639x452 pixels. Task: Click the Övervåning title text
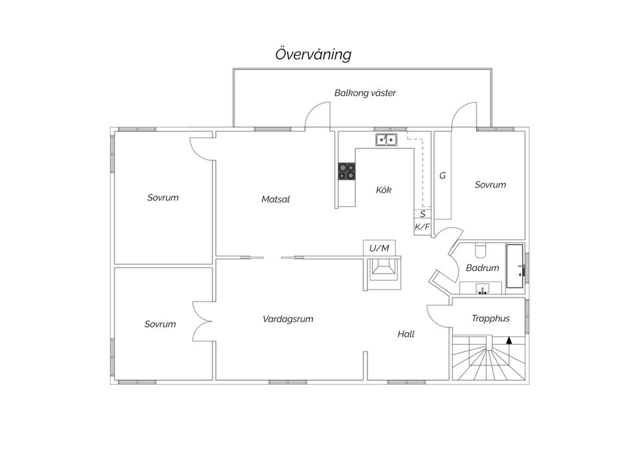point(313,55)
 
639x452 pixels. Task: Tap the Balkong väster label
point(365,93)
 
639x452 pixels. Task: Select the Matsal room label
point(276,199)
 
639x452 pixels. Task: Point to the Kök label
point(383,190)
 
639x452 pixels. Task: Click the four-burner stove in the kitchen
point(346,171)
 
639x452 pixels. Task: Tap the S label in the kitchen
point(423,214)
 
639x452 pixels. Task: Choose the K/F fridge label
point(422,227)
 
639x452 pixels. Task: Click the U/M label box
point(379,248)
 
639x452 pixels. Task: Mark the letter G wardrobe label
point(443,176)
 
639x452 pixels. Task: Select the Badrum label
point(483,268)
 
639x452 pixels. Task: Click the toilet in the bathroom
point(481,250)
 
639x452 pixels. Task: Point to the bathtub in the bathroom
point(515,266)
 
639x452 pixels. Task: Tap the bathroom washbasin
point(483,288)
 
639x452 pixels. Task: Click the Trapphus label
point(491,318)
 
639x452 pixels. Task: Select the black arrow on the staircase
point(509,341)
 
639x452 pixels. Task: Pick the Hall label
point(406,334)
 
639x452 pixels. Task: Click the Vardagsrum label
point(288,319)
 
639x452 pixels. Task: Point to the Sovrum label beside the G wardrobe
point(491,184)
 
